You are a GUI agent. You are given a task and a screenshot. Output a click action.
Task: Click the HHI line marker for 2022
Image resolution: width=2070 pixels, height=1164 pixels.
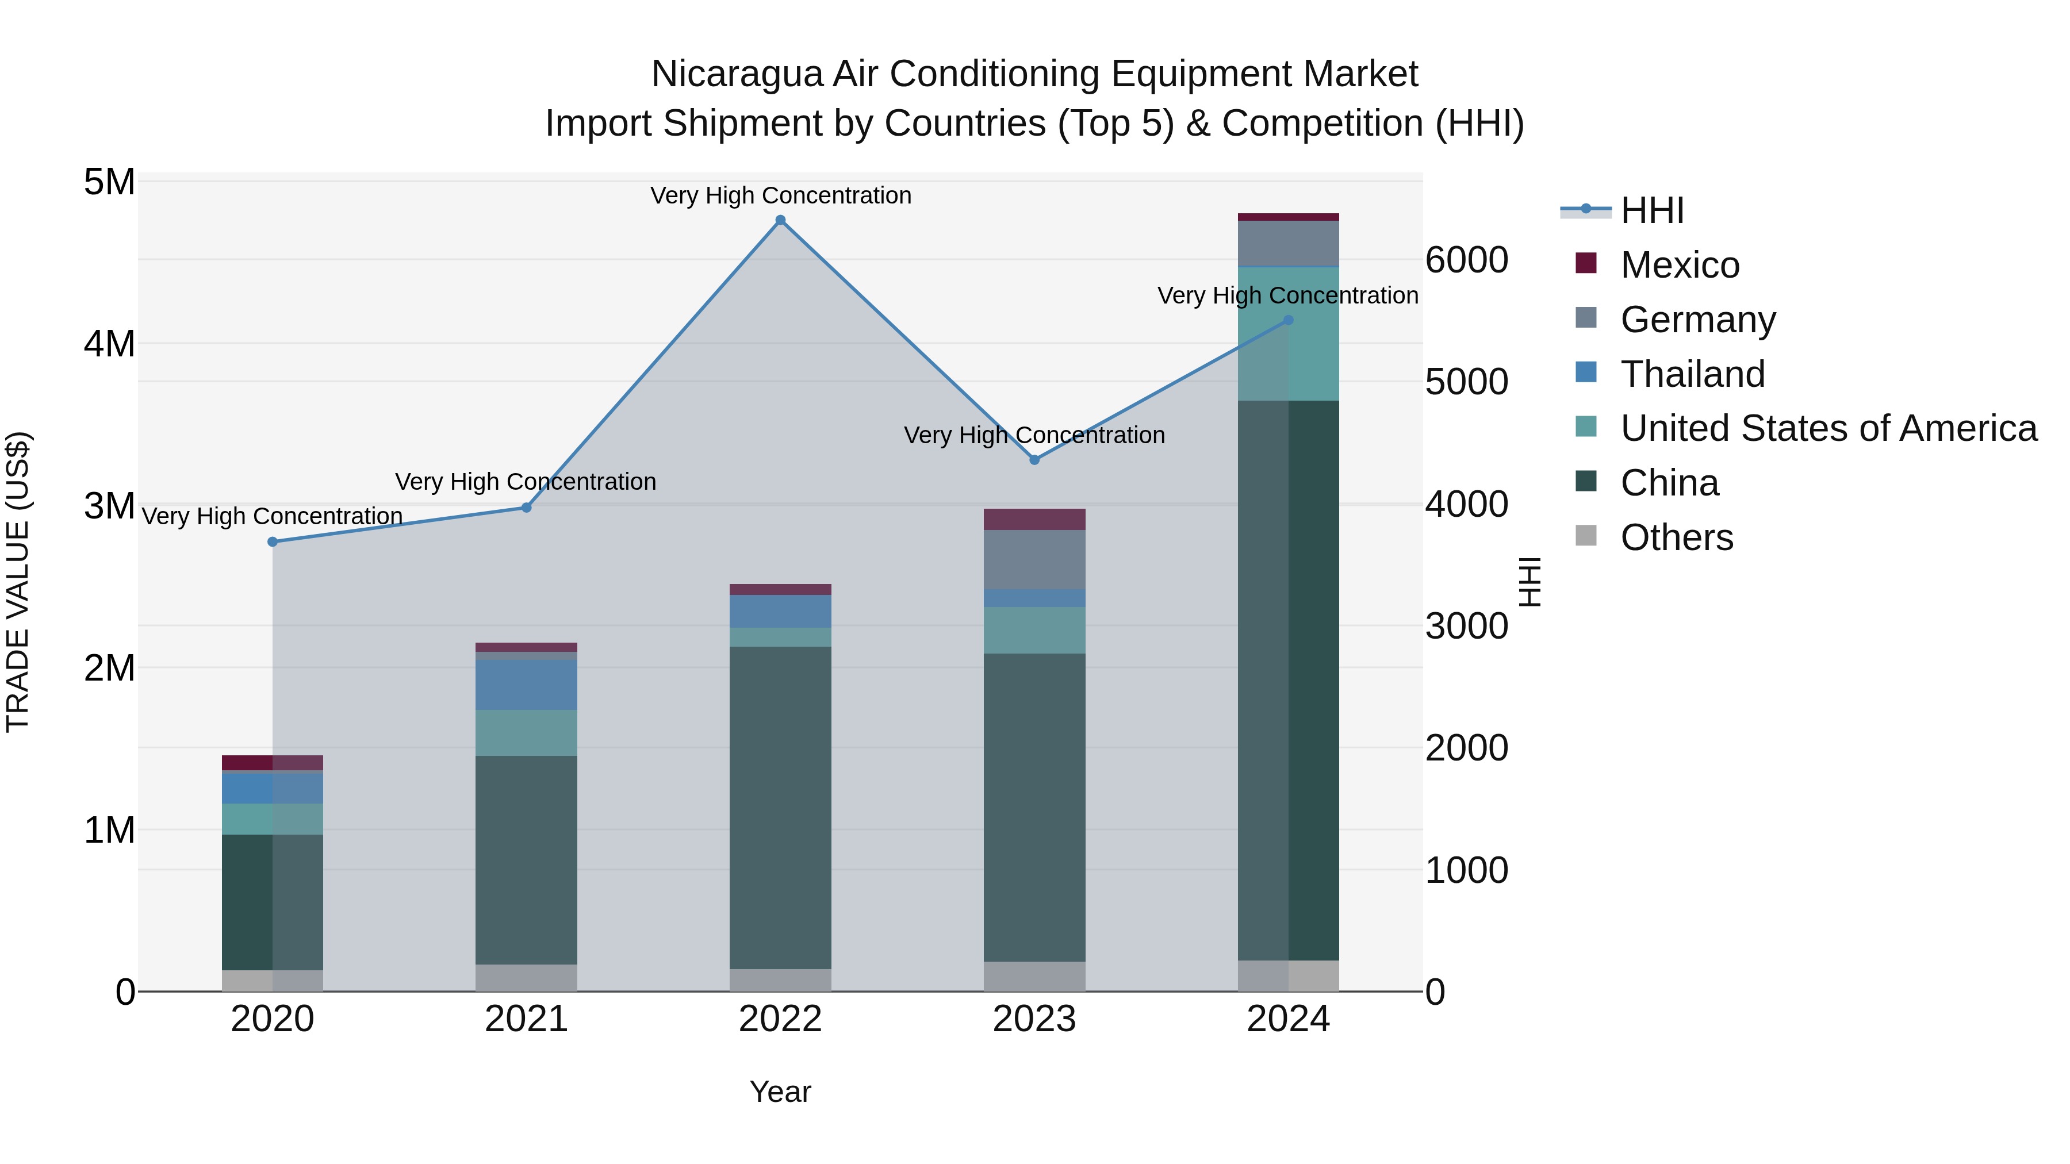click(x=780, y=220)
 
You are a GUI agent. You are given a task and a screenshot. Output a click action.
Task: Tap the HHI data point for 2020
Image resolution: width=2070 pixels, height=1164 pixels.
click(x=273, y=542)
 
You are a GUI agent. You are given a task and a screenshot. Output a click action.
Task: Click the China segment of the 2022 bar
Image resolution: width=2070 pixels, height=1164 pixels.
click(x=780, y=808)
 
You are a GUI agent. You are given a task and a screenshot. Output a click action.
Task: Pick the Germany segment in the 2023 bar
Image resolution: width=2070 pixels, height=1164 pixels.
click(x=1034, y=559)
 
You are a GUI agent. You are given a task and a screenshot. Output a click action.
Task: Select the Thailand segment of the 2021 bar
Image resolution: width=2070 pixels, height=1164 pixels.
click(x=526, y=685)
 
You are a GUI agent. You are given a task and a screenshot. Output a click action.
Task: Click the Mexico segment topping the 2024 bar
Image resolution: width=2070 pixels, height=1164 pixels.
click(x=1288, y=217)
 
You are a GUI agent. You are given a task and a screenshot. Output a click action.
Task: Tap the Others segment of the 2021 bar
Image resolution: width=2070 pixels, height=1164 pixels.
click(x=526, y=978)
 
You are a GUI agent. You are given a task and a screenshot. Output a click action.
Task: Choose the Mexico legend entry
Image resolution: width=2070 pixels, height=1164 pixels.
click(x=1680, y=265)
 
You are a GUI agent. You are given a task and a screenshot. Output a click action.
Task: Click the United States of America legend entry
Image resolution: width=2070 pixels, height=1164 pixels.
click(x=1828, y=428)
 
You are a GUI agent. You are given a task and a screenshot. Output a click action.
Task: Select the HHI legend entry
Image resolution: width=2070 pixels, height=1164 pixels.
click(x=1651, y=210)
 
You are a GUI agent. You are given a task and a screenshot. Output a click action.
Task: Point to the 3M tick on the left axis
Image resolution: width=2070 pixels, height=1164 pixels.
click(x=109, y=506)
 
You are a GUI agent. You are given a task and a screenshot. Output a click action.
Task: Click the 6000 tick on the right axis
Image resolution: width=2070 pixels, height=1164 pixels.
click(x=1466, y=260)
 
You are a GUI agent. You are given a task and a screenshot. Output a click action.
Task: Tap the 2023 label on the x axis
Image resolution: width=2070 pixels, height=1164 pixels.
click(x=1034, y=1019)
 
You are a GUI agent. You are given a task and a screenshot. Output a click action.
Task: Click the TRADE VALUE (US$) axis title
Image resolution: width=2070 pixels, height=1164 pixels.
click(x=18, y=582)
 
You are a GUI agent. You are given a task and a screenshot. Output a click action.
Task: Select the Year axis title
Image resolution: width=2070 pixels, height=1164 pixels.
click(x=780, y=1092)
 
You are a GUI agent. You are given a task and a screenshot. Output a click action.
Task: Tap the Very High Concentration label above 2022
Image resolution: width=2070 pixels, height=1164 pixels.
click(x=780, y=195)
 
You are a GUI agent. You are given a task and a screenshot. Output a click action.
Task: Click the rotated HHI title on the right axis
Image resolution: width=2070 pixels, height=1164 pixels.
click(x=1530, y=582)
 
